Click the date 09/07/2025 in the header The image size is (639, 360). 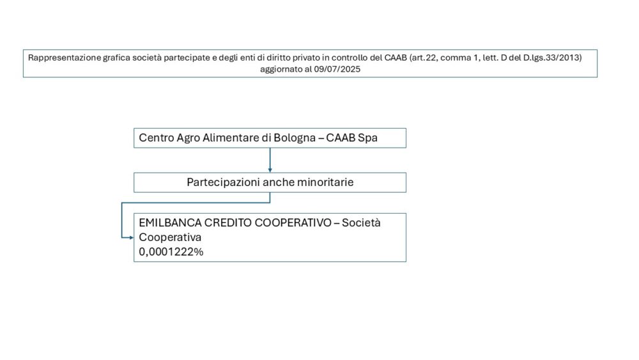pos(337,69)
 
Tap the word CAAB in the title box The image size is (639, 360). pos(396,58)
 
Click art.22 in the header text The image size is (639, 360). pos(424,58)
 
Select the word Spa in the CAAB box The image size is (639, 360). pos(367,138)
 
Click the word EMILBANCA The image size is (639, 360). pos(170,223)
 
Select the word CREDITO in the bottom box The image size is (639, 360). pos(228,223)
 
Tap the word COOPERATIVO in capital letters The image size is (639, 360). pos(293,223)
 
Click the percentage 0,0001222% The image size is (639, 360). pos(171,252)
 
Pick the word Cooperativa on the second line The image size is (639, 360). pos(170,237)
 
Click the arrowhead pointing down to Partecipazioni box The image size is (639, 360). pos(270,170)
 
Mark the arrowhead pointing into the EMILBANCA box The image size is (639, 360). pos(131,238)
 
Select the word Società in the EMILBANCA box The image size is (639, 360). pos(361,223)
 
